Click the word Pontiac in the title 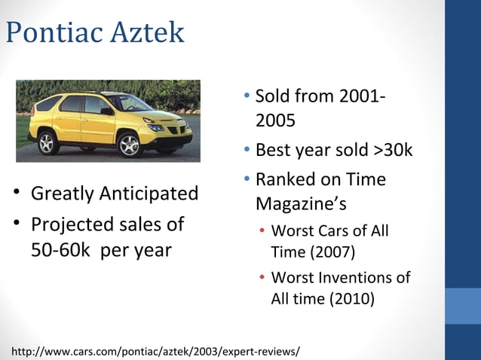(x=53, y=32)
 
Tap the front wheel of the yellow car (x=130, y=143)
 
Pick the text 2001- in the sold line (x=363, y=96)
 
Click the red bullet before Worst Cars (x=262, y=230)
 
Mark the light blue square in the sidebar (x=463, y=306)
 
